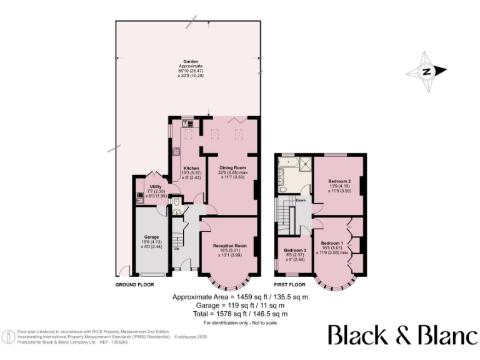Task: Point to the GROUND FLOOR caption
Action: pos(134,284)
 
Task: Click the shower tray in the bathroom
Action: pos(306,164)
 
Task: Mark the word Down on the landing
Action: pos(301,201)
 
